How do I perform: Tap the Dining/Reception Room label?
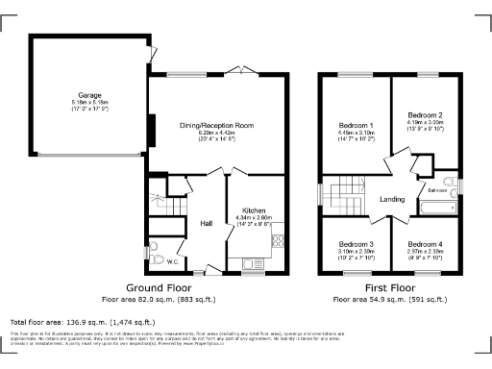[216, 125]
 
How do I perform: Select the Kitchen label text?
[254, 209]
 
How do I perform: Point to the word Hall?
[206, 224]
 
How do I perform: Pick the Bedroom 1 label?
[356, 126]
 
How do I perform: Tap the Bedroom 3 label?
[355, 244]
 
